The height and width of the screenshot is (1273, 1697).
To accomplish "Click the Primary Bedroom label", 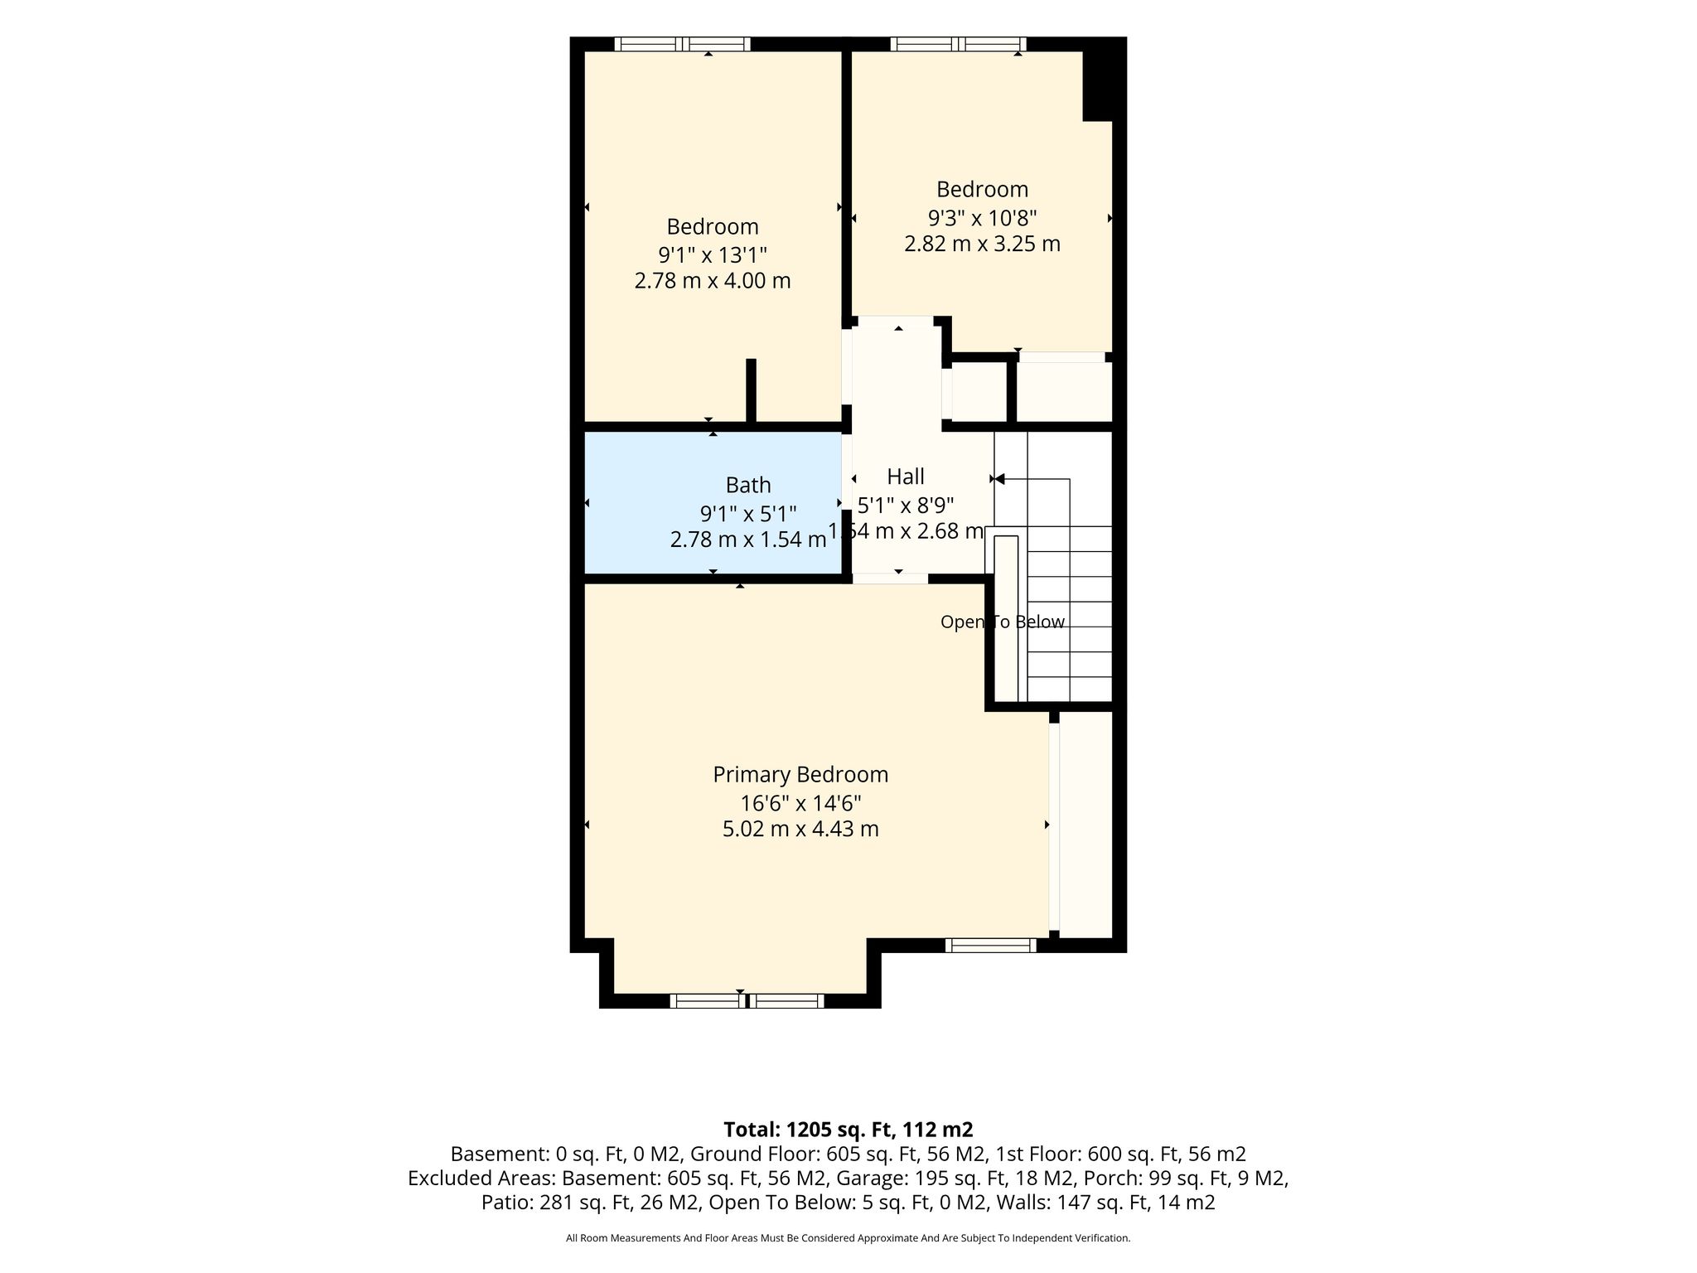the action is tap(800, 775).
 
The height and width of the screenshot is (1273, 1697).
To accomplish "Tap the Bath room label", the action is tap(748, 485).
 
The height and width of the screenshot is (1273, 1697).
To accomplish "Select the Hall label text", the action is tap(906, 477).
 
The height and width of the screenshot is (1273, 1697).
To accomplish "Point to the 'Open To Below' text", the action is tap(1003, 622).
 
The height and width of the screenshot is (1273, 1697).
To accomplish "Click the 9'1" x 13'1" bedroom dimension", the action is tap(713, 254).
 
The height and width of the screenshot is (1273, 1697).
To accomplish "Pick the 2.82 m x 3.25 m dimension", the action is tap(982, 244).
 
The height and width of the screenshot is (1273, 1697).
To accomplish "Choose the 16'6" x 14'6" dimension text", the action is tap(800, 803).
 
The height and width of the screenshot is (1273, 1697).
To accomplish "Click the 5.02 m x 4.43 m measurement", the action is tap(800, 829).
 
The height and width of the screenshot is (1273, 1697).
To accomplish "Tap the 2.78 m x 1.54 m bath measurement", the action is tap(748, 540).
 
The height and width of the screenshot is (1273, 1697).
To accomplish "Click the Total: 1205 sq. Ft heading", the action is tap(848, 1130).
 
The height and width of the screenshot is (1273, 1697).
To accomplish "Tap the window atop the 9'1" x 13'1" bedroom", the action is tap(682, 44).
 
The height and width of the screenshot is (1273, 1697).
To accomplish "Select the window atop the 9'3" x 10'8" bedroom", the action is tap(959, 44).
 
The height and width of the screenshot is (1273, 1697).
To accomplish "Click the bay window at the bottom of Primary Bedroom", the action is tap(747, 1001).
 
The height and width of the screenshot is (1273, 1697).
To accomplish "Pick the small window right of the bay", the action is tap(991, 945).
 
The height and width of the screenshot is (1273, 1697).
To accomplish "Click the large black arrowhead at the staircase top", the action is tap(999, 479).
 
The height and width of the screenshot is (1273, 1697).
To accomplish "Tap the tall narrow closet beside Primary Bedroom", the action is tap(1085, 825).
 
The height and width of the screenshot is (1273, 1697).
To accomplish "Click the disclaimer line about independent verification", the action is tap(848, 1238).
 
